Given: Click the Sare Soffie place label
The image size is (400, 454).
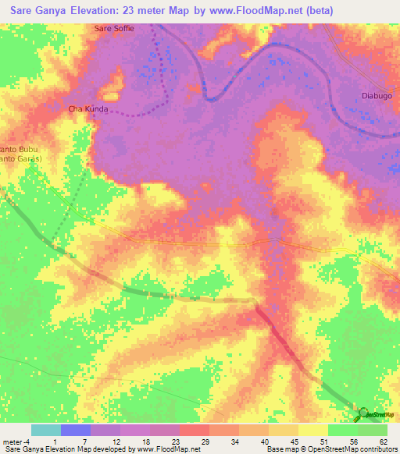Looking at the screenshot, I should coord(114,29).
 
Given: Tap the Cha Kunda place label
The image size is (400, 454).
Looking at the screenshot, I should coord(88,109).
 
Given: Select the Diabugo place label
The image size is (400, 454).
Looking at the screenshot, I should coord(377,95).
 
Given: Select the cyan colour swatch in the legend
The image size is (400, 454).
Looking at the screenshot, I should coord(46,430).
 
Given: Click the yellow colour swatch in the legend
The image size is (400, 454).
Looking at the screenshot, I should coord(312,430).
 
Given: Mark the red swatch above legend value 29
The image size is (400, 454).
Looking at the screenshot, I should coord(194,430).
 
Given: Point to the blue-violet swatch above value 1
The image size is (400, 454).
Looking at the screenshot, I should coord(76,430).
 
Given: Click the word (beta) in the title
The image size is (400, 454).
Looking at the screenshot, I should coord(319,11).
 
